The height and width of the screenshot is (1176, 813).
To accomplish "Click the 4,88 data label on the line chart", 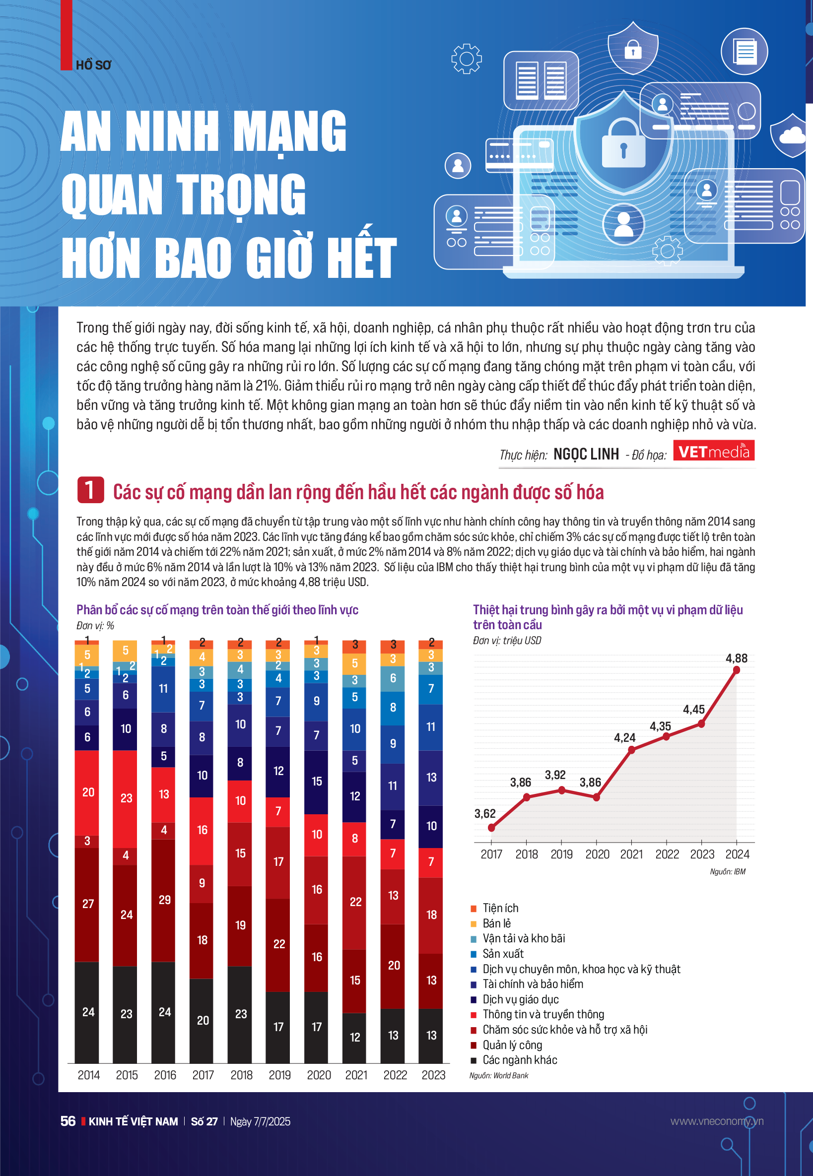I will [x=736, y=658].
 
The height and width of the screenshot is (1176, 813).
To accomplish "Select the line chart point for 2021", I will [x=632, y=750].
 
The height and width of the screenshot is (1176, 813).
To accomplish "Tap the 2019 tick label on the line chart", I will [x=561, y=854].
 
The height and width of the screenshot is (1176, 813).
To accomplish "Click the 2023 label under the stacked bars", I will [x=433, y=1075].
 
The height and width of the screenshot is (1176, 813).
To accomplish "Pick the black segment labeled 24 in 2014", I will [x=87, y=1011].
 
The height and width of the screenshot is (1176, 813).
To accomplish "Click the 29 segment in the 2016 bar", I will [x=163, y=900].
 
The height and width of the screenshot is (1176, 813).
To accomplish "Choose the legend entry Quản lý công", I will [x=512, y=1045].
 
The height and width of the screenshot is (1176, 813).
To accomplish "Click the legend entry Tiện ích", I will [x=500, y=908].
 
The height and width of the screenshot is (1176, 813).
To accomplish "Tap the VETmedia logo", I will [x=713, y=451].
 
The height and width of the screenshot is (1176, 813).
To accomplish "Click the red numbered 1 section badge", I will [x=90, y=490].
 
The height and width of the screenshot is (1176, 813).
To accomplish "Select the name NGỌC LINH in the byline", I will [x=586, y=454].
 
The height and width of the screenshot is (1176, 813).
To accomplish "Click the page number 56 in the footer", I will [x=68, y=1121].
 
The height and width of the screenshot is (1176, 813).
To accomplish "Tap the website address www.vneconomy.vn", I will [x=716, y=1121].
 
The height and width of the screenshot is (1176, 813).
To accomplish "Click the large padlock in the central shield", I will [x=623, y=146].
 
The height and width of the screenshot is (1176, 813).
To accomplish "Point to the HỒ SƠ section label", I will [x=93, y=65].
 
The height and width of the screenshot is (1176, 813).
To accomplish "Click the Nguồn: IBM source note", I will [x=728, y=871].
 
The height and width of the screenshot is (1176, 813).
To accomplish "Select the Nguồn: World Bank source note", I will [x=498, y=1075].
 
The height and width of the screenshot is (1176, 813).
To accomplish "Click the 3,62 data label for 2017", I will [x=484, y=813].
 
